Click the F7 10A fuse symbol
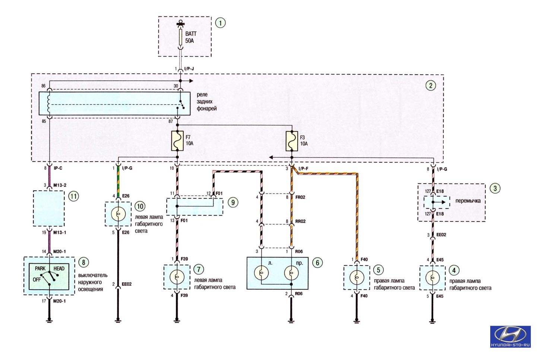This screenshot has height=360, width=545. [x=177, y=141]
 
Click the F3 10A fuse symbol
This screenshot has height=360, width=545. [x=292, y=141]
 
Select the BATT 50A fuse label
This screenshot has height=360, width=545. [x=191, y=37]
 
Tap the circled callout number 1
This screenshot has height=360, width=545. [x=221, y=23]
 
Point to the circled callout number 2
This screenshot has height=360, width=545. [x=431, y=85]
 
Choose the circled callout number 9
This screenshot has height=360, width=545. [x=233, y=202]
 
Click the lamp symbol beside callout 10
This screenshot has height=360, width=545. [x=118, y=214]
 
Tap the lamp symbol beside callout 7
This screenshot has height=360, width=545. [x=177, y=277]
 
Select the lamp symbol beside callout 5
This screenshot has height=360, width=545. [x=357, y=277]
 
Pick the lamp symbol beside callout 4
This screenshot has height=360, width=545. [x=432, y=277]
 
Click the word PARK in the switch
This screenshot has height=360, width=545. [x=40, y=268]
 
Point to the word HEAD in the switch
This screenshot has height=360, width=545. [x=59, y=268]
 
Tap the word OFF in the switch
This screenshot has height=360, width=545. [x=37, y=280]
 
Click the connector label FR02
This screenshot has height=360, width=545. [x=300, y=197]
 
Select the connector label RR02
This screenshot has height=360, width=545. [x=300, y=222]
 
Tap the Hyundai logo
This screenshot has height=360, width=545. [x=510, y=337]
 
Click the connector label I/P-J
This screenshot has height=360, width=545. [x=189, y=69]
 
